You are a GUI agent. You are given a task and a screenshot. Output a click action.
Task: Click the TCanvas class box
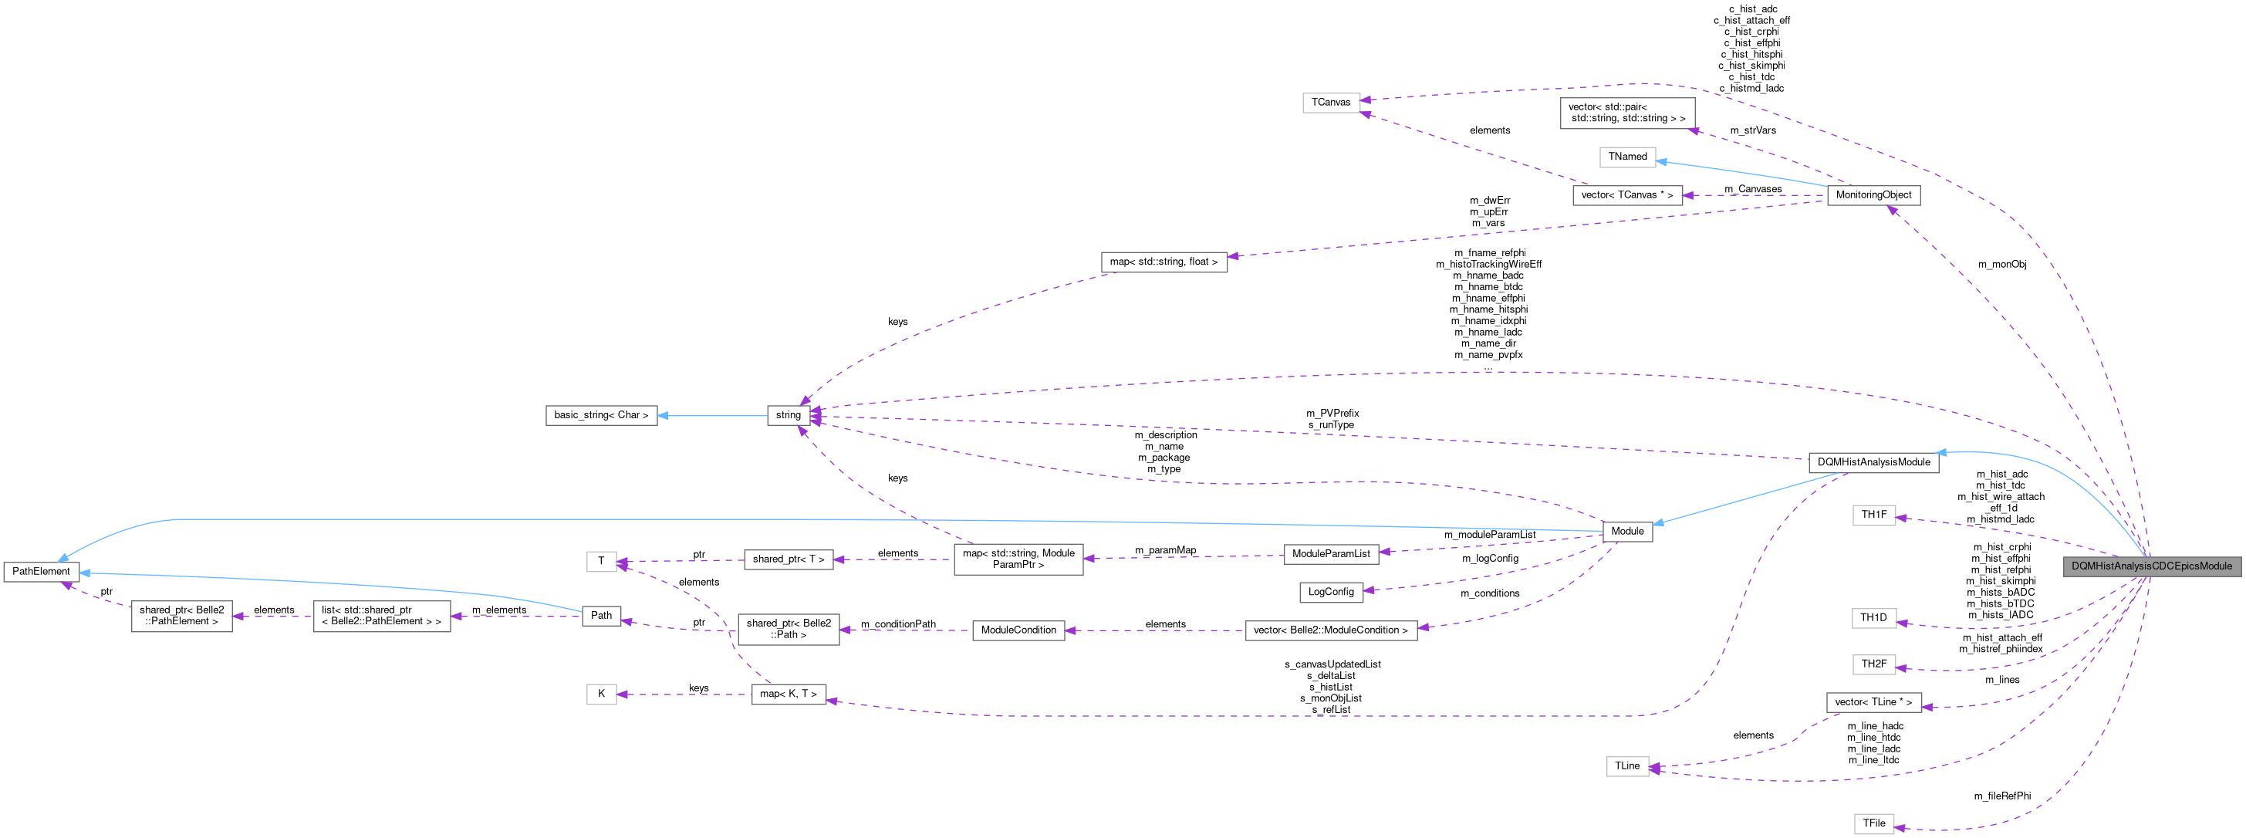[x=1330, y=103]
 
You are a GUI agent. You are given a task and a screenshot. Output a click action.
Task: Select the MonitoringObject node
[x=1873, y=195]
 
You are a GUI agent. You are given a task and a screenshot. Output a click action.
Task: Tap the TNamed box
[x=1627, y=157]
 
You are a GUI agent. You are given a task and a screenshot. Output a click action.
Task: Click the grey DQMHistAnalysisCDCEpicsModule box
[x=2151, y=566]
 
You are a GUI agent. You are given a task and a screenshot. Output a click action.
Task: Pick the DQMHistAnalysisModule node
[x=1873, y=462]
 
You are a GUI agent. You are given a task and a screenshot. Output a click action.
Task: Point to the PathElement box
[x=41, y=571]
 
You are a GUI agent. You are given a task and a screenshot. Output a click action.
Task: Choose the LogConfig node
[x=1330, y=592]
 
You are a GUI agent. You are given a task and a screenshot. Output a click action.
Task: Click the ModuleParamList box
[x=1330, y=554]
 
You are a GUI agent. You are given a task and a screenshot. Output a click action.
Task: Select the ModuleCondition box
[x=1018, y=630]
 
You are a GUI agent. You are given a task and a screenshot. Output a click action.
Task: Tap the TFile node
[x=1873, y=823]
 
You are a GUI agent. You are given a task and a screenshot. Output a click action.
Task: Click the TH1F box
[x=1873, y=515]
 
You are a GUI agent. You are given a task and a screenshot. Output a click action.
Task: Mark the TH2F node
[x=1873, y=664]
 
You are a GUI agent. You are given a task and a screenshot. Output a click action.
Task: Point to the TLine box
[x=1627, y=766]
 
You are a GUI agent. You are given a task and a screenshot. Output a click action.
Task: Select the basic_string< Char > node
[x=601, y=415]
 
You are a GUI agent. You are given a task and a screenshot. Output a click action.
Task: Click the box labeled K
[x=601, y=694]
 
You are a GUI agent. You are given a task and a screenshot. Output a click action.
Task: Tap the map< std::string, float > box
[x=1163, y=262]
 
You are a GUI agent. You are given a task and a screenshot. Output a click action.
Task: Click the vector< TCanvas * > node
[x=1627, y=195]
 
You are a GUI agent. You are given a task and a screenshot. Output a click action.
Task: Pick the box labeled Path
[x=601, y=616]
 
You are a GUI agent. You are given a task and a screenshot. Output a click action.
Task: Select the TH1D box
[x=1873, y=618]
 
